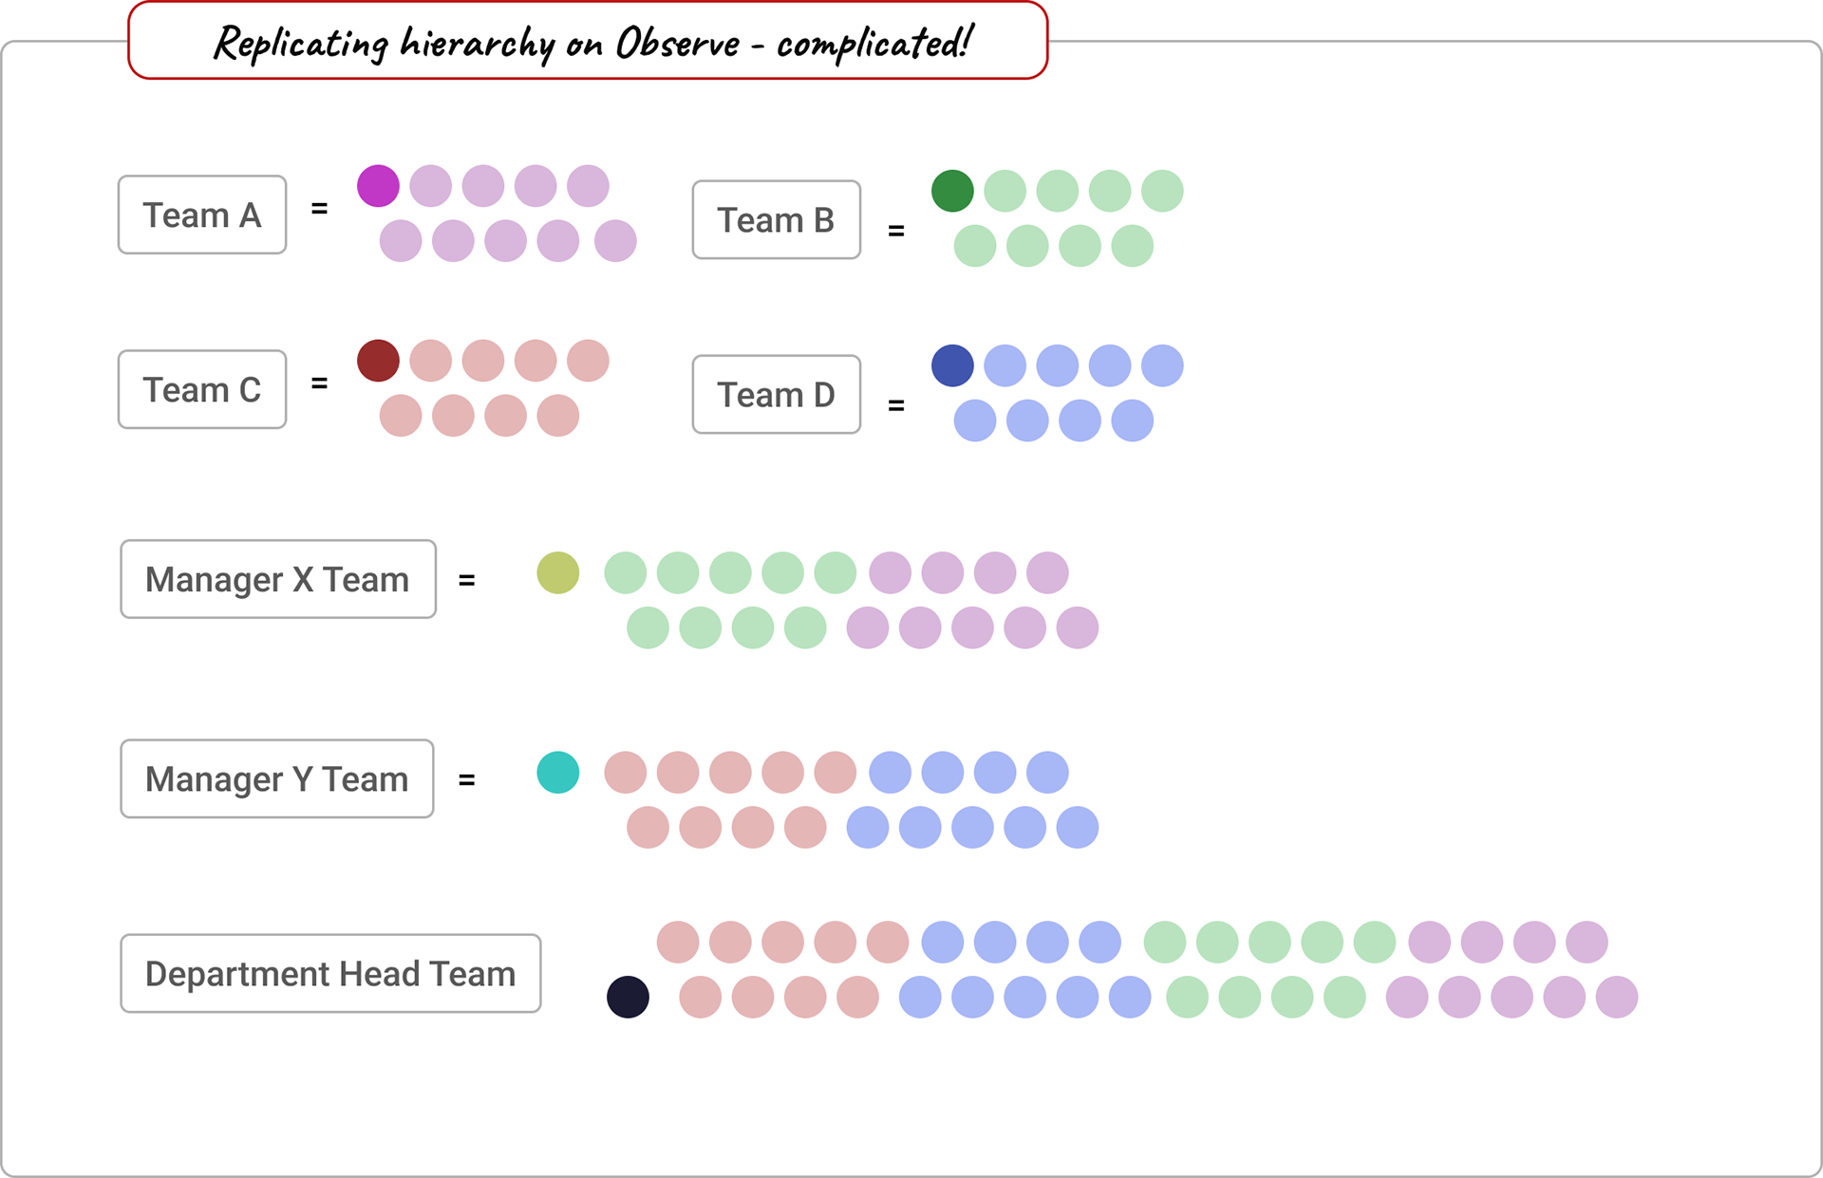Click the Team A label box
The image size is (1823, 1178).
coord(202,215)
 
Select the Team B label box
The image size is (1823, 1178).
coord(776,220)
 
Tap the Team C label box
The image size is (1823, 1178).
coord(202,390)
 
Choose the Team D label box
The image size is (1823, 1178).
coord(776,395)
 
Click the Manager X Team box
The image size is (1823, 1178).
coord(277,580)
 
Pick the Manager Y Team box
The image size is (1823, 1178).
coord(276,779)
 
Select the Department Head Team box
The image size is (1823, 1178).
coord(330,974)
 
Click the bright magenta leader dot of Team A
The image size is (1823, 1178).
coord(378,186)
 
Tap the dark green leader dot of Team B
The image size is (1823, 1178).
coord(952,191)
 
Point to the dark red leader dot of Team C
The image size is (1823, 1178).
coord(378,361)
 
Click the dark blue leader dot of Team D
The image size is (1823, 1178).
coord(952,365)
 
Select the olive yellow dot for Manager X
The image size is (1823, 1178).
coord(558,573)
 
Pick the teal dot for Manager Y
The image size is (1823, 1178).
coord(558,773)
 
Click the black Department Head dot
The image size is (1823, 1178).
coord(628,998)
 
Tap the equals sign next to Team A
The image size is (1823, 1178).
coord(320,209)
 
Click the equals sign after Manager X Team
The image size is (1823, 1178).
coord(466,580)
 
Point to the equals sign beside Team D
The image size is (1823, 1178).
coord(895,405)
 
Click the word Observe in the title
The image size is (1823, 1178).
coord(677,44)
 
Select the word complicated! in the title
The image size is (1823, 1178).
coord(874,44)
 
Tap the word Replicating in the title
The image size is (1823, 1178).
coord(301,44)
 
